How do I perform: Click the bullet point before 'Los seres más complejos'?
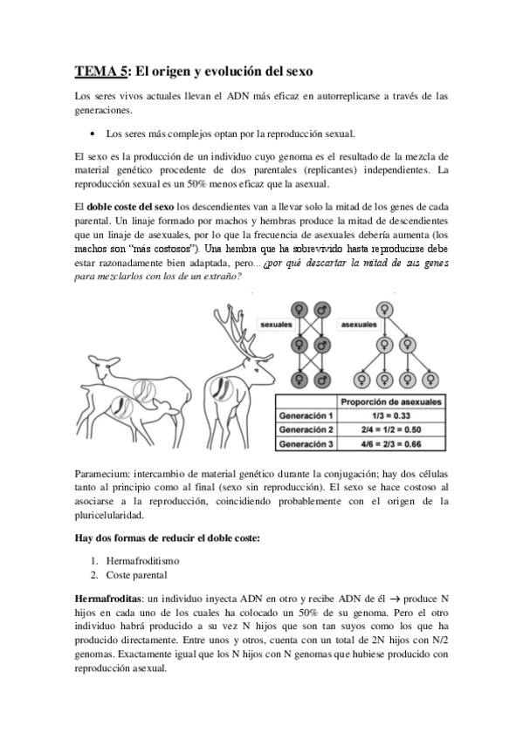pos(92,134)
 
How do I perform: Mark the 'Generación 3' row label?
pos(306,444)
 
